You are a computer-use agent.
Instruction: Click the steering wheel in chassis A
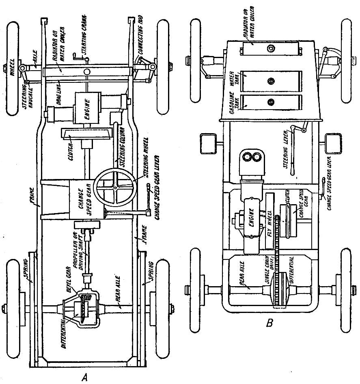point(115,187)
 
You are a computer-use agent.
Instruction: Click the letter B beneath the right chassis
point(269,324)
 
